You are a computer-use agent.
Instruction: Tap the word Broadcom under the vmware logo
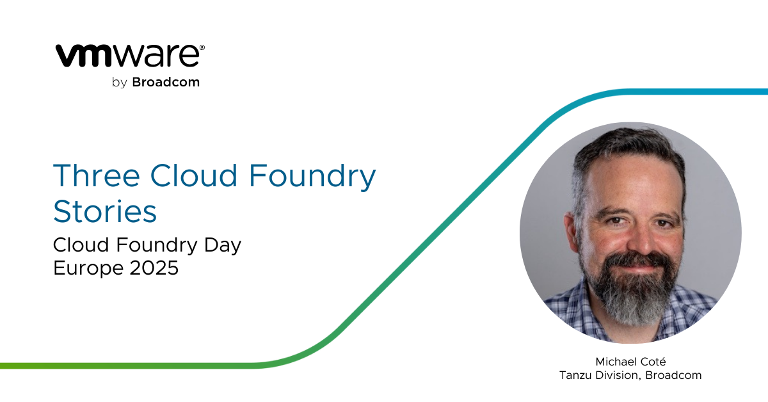click(x=166, y=82)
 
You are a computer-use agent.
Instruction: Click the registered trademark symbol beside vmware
click(x=202, y=47)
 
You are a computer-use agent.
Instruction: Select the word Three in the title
click(x=97, y=175)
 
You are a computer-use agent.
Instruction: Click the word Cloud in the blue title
click(x=194, y=175)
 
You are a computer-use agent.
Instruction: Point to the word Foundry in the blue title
click(x=312, y=177)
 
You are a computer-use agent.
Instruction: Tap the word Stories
click(x=105, y=211)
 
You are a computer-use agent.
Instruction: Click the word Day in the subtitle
click(x=223, y=246)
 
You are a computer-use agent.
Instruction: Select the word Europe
click(x=88, y=268)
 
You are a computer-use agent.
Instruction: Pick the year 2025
click(x=154, y=268)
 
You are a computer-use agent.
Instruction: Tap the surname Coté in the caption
click(x=654, y=362)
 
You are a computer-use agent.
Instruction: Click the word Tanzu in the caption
click(x=576, y=375)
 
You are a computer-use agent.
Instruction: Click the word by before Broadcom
click(x=120, y=83)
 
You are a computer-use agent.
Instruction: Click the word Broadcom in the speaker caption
click(x=673, y=375)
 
